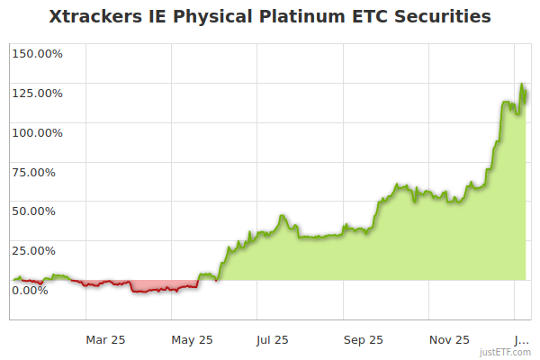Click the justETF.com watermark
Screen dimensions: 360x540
[506, 352]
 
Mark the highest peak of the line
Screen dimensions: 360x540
[522, 85]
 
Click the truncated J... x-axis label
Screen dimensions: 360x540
[521, 339]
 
